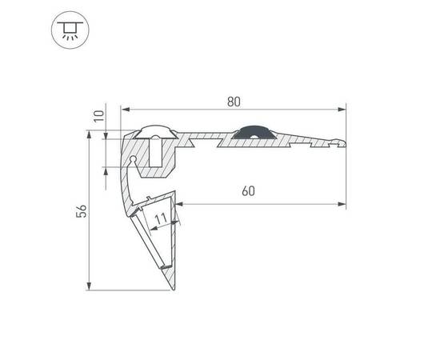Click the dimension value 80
coord(234,102)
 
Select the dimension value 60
coord(248,191)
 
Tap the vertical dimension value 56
coord(82,211)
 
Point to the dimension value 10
coord(98,116)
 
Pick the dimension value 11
coord(161,219)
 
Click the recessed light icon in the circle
coord(70,30)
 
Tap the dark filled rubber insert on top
coord(254,133)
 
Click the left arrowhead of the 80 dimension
coord(125,109)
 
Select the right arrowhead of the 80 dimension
coord(342,109)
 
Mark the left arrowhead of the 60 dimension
coord(178,204)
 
